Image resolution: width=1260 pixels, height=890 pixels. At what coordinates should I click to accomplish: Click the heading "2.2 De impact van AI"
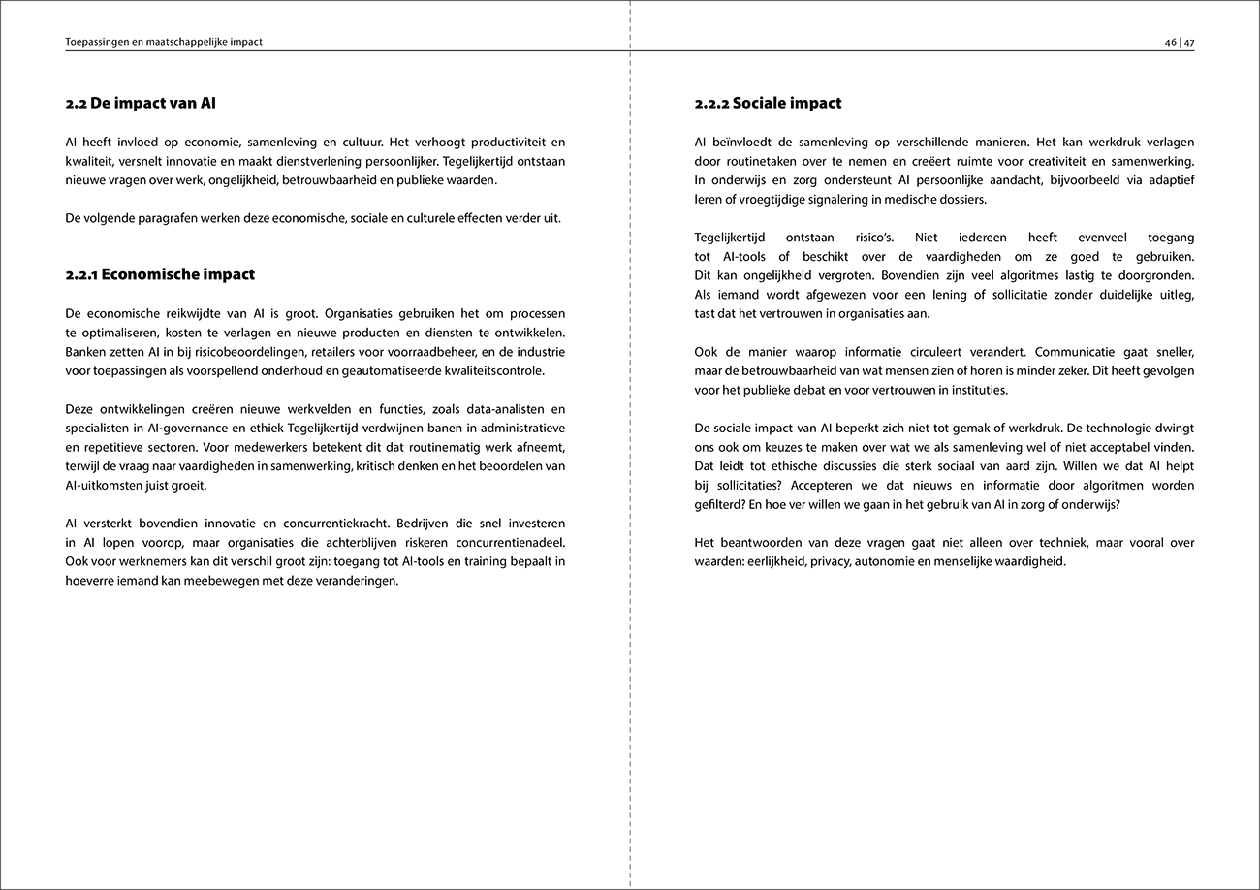pos(147,103)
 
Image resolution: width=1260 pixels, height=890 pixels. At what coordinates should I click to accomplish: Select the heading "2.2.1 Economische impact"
pos(160,274)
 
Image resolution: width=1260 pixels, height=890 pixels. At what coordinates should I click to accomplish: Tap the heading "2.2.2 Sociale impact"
pos(768,103)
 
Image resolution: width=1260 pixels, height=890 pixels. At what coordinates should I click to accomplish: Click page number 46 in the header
pos(1171,42)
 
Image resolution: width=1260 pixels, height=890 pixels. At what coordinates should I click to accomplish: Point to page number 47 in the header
pos(1188,42)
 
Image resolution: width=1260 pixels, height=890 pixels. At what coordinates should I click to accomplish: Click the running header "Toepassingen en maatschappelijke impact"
pos(164,42)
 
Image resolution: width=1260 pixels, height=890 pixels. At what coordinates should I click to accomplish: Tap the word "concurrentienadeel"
pos(504,543)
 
